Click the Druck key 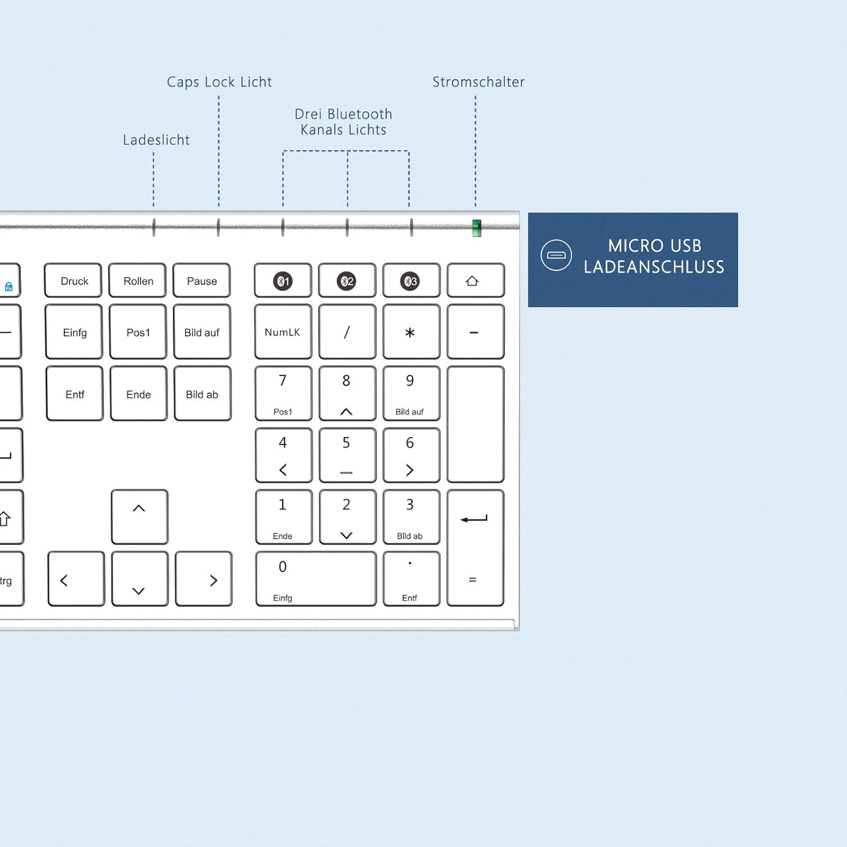click(74, 281)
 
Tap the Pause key click(202, 281)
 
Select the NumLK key click(283, 332)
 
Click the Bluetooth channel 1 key click(283, 281)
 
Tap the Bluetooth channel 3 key click(411, 281)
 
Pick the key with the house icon click(475, 281)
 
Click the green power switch click(477, 228)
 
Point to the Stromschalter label click(478, 82)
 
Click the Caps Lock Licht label click(219, 82)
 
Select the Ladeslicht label click(156, 140)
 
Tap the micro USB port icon click(556, 255)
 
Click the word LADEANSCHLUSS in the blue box click(654, 267)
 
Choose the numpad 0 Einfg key click(316, 579)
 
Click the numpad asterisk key click(411, 332)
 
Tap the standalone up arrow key click(139, 517)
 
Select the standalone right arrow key click(203, 579)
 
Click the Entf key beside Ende click(75, 394)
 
